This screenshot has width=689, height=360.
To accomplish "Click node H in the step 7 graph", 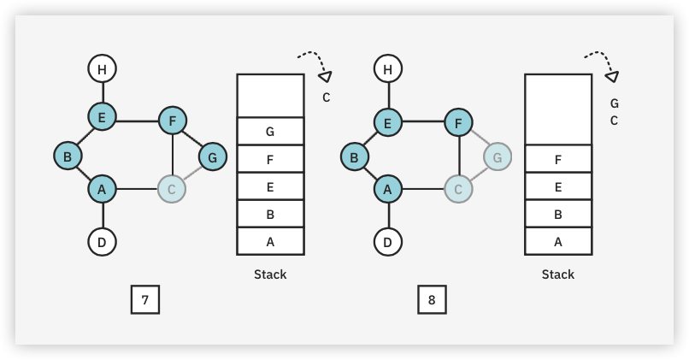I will (102, 68).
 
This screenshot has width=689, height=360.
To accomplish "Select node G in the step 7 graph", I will (213, 157).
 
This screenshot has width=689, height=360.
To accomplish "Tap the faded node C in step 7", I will (172, 189).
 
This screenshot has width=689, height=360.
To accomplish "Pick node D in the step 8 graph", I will (389, 242).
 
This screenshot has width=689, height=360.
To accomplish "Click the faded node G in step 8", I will (498, 157).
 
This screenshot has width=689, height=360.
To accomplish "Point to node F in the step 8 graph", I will (459, 122).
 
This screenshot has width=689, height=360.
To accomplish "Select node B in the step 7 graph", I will (67, 156).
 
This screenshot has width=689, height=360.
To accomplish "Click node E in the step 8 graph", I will (387, 122).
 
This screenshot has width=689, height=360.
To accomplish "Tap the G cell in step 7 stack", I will (270, 132).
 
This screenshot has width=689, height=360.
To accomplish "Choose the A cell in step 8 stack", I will (558, 242).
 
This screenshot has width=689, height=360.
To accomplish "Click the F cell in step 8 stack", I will (558, 159).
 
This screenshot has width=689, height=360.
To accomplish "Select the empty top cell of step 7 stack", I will (270, 95).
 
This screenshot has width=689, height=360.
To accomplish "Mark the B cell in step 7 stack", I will (270, 215).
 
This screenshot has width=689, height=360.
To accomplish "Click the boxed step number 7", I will (145, 300).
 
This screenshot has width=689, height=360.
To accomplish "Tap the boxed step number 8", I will (432, 300).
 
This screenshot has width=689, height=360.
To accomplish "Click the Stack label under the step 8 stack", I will (558, 274).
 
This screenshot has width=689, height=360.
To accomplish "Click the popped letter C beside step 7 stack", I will (326, 97).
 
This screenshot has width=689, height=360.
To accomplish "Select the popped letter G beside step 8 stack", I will (614, 103).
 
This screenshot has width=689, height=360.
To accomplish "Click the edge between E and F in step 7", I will (137, 121).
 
